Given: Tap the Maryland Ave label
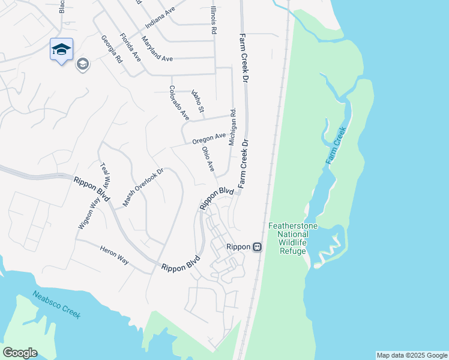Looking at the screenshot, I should [x=157, y=49].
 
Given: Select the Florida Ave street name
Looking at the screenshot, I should [x=130, y=47].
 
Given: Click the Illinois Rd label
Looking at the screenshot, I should [x=213, y=20].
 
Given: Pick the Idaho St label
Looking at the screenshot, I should [x=198, y=101].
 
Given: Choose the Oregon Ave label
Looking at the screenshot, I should [x=209, y=140].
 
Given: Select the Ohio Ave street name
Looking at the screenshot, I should [x=208, y=159].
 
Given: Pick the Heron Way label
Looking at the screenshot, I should [x=114, y=259].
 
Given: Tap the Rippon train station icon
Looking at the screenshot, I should [x=258, y=247].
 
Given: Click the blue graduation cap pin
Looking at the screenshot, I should [x=61, y=49].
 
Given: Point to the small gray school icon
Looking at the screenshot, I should [x=82, y=64].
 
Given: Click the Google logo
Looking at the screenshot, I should [x=20, y=353].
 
